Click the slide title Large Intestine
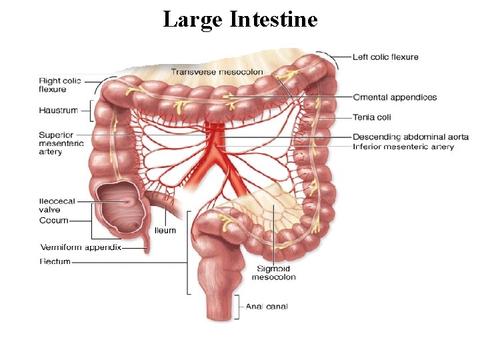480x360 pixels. (240, 19)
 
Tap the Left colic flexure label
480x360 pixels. (385, 57)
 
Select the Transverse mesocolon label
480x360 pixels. (217, 71)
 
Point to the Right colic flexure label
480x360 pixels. (60, 85)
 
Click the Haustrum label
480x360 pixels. (58, 110)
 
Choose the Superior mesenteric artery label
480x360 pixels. (61, 143)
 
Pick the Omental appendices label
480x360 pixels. (395, 97)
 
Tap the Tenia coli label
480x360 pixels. (371, 117)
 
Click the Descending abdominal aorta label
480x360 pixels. (410, 137)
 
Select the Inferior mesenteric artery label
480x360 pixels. (403, 147)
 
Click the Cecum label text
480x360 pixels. (54, 219)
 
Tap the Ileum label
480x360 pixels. (165, 230)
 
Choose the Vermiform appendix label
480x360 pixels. (81, 247)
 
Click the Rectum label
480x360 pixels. (55, 261)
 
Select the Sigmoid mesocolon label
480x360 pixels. (273, 273)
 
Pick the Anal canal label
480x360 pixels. (267, 307)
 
